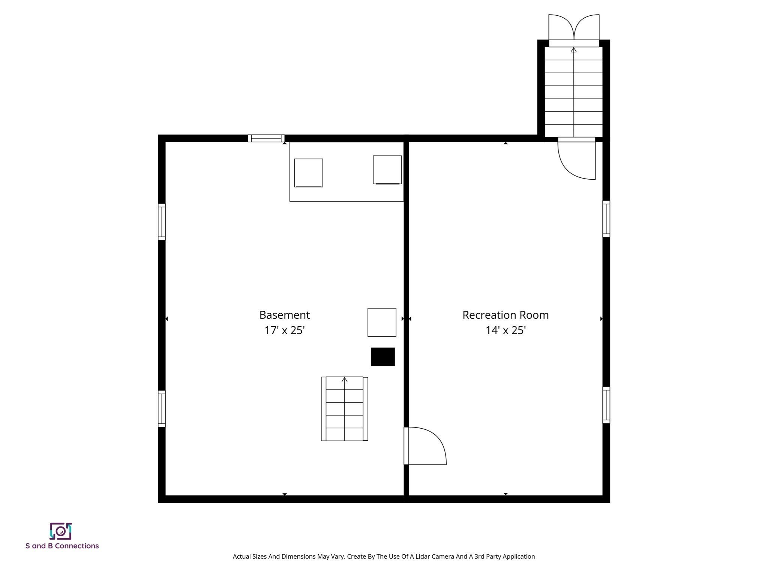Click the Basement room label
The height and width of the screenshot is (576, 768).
[284, 315]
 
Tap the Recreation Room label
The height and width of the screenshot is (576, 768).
[505, 315]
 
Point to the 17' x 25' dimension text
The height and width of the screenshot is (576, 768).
[284, 330]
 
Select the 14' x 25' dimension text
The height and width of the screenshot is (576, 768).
[505, 330]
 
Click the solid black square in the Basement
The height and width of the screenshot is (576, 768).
[382, 357]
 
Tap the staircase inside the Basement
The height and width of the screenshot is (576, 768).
[344, 409]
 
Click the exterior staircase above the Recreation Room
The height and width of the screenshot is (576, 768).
[573, 92]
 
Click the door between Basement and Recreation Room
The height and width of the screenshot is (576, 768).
[425, 446]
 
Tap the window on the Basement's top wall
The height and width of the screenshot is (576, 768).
[266, 138]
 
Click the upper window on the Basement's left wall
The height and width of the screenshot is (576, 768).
[162, 222]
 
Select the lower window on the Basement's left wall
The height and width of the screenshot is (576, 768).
[162, 409]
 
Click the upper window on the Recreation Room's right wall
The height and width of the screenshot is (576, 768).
[606, 219]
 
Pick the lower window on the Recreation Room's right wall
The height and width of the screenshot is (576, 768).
[606, 405]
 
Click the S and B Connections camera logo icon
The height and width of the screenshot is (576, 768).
[61, 531]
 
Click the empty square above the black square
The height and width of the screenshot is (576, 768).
[382, 322]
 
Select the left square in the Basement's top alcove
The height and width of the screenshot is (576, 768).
[309, 173]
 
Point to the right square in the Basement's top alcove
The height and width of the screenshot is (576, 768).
[387, 170]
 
